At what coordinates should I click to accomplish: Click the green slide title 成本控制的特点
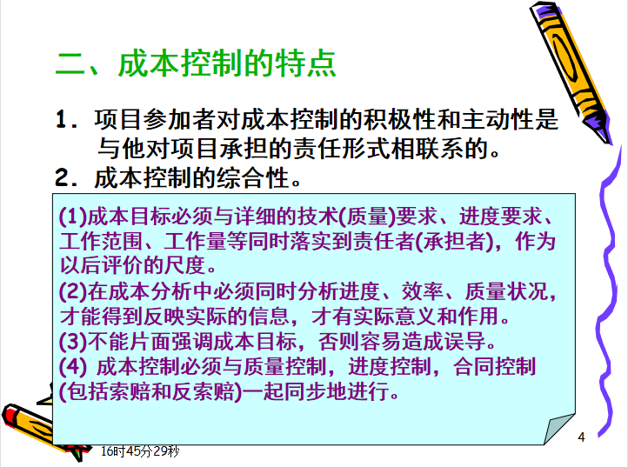[227, 63]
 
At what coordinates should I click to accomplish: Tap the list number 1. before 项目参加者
[67, 119]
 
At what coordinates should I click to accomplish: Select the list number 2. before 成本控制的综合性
[66, 177]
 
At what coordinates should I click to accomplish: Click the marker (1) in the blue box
[73, 217]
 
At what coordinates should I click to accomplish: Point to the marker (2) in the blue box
[73, 291]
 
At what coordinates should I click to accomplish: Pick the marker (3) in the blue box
[73, 341]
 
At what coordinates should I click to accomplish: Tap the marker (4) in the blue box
[73, 366]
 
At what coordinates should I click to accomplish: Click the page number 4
[582, 437]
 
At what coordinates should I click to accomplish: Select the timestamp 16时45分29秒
[140, 451]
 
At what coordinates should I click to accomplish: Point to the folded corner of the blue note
[558, 429]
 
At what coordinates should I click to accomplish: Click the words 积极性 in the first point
[399, 119]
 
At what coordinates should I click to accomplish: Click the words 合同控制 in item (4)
[494, 366]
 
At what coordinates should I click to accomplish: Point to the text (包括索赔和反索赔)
[150, 391]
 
